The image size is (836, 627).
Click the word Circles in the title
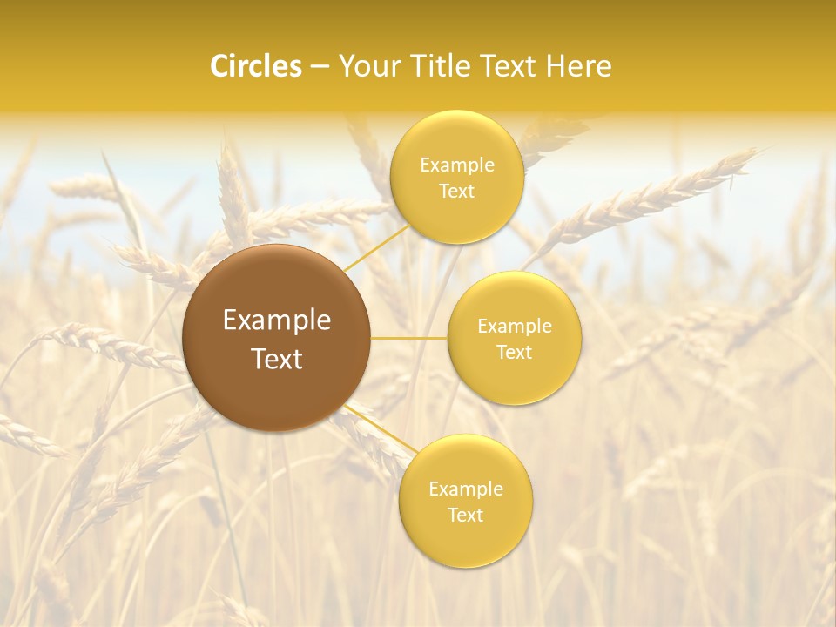click(x=256, y=66)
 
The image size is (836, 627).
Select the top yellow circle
click(x=456, y=177)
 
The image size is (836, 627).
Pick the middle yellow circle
click(x=515, y=338)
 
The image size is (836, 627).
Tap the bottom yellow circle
click(x=465, y=501)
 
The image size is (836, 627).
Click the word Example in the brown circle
click(x=277, y=320)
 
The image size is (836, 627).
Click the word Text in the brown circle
click(x=277, y=359)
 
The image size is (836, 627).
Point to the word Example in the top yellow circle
click(x=457, y=165)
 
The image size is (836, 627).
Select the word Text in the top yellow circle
click(x=456, y=191)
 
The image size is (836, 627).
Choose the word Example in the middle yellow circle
click(x=515, y=326)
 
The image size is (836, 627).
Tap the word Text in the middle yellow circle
click(x=515, y=352)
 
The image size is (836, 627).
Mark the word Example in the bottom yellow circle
click(x=466, y=489)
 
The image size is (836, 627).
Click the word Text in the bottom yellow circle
click(x=465, y=515)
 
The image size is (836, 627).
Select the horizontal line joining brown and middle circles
click(x=409, y=338)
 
